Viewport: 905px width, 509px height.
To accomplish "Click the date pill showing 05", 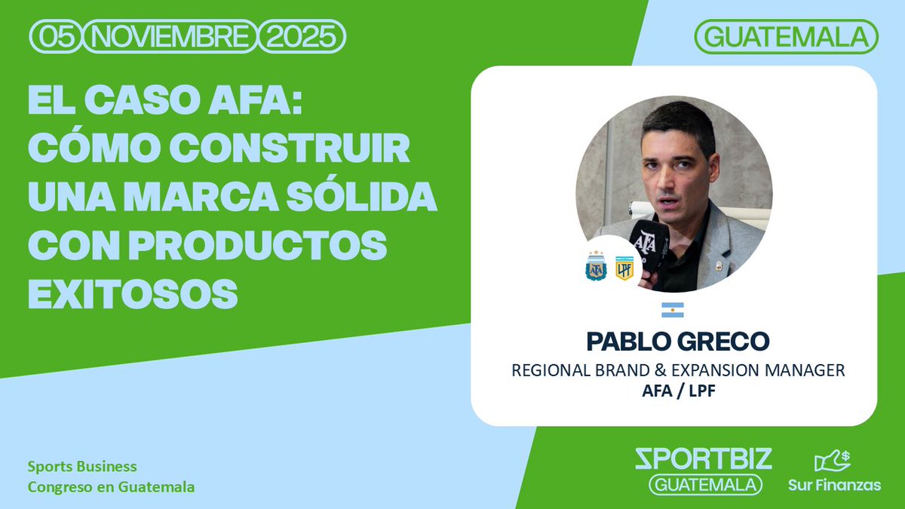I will click(x=55, y=35).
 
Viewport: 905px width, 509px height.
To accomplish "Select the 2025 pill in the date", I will click(x=301, y=35).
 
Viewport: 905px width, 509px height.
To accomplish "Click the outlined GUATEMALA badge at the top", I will click(x=787, y=35).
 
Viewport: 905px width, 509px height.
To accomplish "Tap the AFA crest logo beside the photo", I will click(x=596, y=266).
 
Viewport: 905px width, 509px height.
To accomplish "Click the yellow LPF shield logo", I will click(x=624, y=267).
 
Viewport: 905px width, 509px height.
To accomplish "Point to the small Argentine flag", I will click(x=673, y=309).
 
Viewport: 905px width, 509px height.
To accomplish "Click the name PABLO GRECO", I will click(x=678, y=341).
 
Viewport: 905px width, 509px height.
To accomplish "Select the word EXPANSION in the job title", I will click(x=724, y=371).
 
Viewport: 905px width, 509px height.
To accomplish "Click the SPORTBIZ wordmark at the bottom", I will click(x=704, y=458).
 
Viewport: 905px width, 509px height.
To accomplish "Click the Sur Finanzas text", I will click(x=834, y=485).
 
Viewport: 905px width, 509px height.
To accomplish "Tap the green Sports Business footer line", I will click(x=82, y=467).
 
